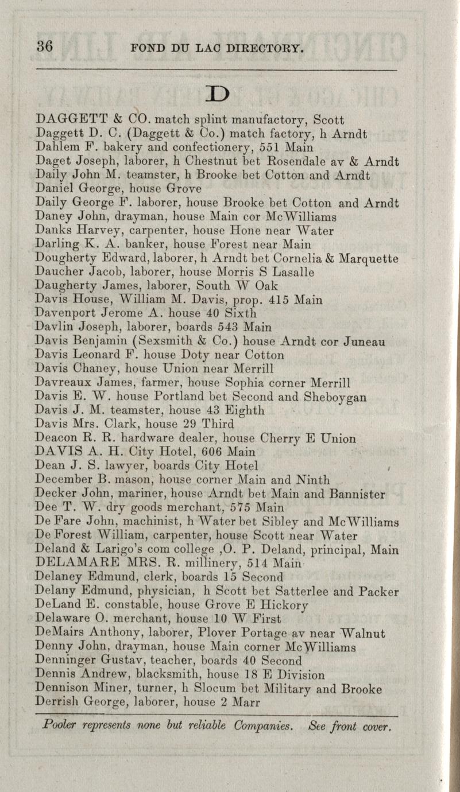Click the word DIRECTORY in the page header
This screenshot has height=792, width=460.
coord(266,48)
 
